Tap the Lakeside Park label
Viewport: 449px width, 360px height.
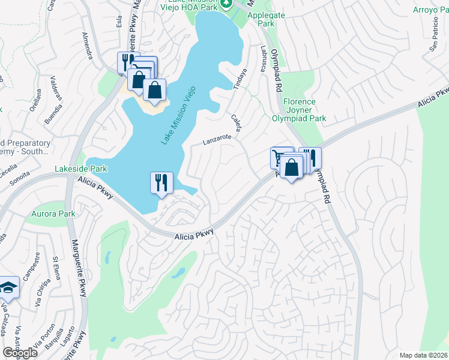(81, 169)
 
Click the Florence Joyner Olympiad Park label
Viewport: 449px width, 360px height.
(304, 110)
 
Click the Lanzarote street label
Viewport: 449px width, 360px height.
(217, 139)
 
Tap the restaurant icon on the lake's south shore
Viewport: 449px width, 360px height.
(161, 183)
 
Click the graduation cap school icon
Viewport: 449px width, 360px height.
(8, 288)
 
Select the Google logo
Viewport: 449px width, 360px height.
(20, 353)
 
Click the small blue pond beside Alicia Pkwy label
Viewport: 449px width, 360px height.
(177, 273)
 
